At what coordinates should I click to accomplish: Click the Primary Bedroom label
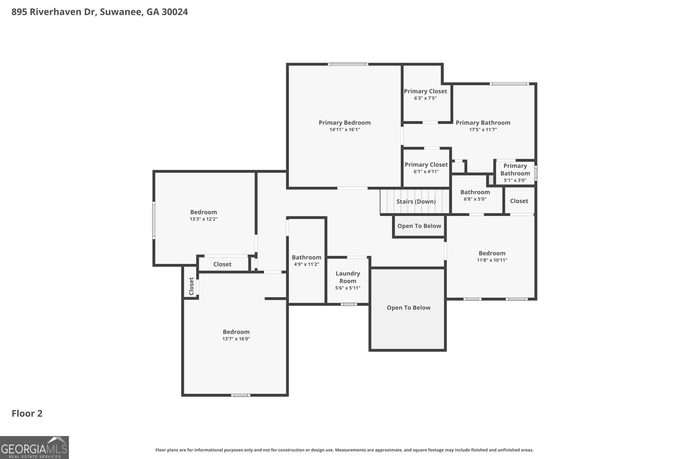[x=344, y=123]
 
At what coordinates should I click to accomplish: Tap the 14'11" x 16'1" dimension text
[x=344, y=129]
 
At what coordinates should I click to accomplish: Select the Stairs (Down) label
[x=416, y=201]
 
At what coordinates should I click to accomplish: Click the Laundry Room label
[x=348, y=277]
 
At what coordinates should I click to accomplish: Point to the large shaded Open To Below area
[x=408, y=308]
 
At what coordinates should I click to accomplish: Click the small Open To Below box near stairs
[x=419, y=226]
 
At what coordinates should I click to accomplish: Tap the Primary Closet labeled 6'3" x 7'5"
[x=425, y=94]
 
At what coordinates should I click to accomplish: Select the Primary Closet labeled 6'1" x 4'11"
[x=426, y=168]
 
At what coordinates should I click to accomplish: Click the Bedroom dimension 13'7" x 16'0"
[x=236, y=339]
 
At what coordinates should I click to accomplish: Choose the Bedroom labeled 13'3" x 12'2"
[x=204, y=215]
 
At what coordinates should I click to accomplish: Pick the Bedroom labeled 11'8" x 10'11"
[x=492, y=256]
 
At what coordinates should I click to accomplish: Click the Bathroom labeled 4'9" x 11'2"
[x=307, y=260]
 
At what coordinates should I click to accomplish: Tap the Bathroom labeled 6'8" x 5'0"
[x=475, y=195]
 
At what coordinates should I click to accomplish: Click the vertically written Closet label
[x=192, y=286]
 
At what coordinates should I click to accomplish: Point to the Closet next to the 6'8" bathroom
[x=519, y=201]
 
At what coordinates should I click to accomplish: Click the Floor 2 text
[x=27, y=413]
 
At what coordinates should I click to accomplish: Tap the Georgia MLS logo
[x=34, y=448]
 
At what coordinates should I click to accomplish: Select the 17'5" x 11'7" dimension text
[x=483, y=129]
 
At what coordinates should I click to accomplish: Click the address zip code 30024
[x=174, y=12]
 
